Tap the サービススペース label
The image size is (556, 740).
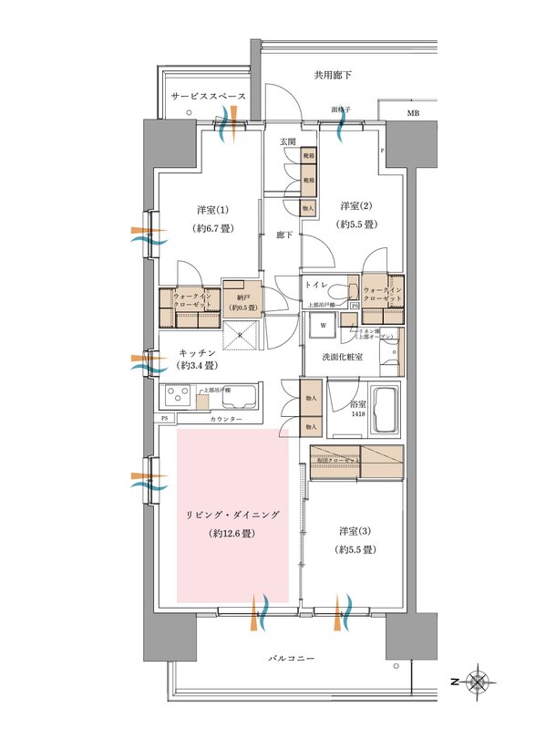[208, 96]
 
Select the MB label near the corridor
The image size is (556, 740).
[413, 113]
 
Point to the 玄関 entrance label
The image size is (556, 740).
[287, 141]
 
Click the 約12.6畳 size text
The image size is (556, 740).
[232, 532]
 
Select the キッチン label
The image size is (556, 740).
[196, 351]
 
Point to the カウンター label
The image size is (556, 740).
[226, 418]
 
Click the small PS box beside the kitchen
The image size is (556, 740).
[165, 418]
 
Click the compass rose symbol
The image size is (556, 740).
[477, 682]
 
